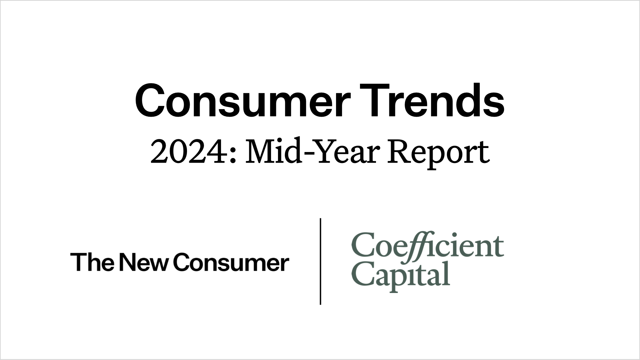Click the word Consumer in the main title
point(242,101)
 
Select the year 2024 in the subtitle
point(189,152)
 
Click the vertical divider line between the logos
point(320,261)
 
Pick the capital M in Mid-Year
point(259,152)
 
